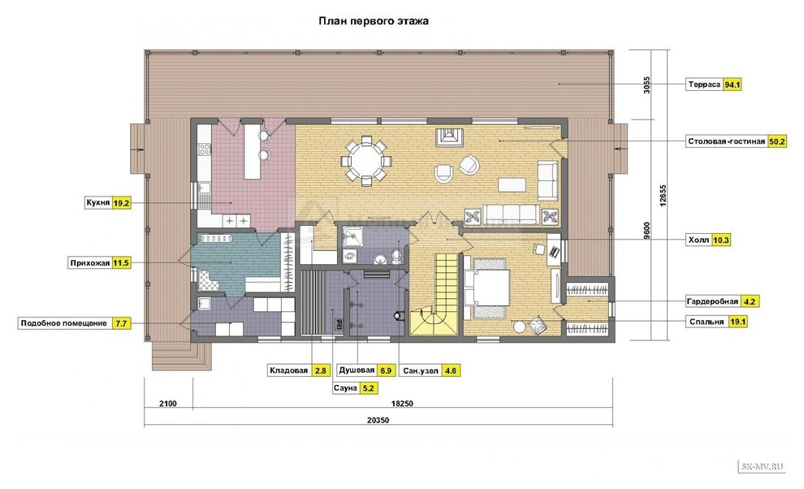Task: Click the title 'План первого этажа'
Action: tap(374, 22)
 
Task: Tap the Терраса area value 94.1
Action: tap(732, 84)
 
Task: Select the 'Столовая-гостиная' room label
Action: tap(727, 141)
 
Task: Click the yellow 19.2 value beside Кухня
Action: tap(122, 203)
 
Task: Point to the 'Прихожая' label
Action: tap(90, 263)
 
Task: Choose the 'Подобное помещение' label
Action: tap(63, 323)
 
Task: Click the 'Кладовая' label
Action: tap(288, 370)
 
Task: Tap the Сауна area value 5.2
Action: tap(369, 388)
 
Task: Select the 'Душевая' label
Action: tap(357, 370)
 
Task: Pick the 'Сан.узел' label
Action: tap(421, 370)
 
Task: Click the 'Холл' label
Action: tap(698, 240)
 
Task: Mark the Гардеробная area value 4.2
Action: tap(750, 301)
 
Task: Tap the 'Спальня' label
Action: tap(706, 322)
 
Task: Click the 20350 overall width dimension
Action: tap(378, 420)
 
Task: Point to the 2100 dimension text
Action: tap(167, 404)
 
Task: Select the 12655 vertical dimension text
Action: tap(663, 196)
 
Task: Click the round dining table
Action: tap(366, 160)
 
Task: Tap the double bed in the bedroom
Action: tap(486, 288)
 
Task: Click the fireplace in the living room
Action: tap(450, 136)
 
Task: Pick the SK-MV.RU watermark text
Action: tap(762, 466)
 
